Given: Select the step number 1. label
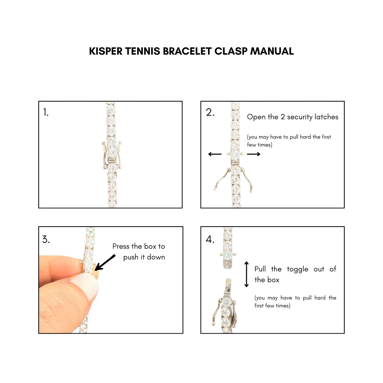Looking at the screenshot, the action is pyautogui.click(x=46, y=112).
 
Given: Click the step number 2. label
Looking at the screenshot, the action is pyautogui.click(x=210, y=112).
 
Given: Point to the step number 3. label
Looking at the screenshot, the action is pyautogui.click(x=46, y=240).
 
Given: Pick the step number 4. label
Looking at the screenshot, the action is pyautogui.click(x=210, y=240).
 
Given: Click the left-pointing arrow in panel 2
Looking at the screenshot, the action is pyautogui.click(x=215, y=154).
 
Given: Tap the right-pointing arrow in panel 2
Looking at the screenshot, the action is pyautogui.click(x=254, y=154).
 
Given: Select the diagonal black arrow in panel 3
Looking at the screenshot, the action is pyautogui.click(x=105, y=262).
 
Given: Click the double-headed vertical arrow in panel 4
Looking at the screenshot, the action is pyautogui.click(x=247, y=274).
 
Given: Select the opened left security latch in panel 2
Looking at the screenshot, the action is pyautogui.click(x=222, y=179).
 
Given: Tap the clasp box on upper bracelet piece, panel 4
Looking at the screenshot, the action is pyautogui.click(x=228, y=264).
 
